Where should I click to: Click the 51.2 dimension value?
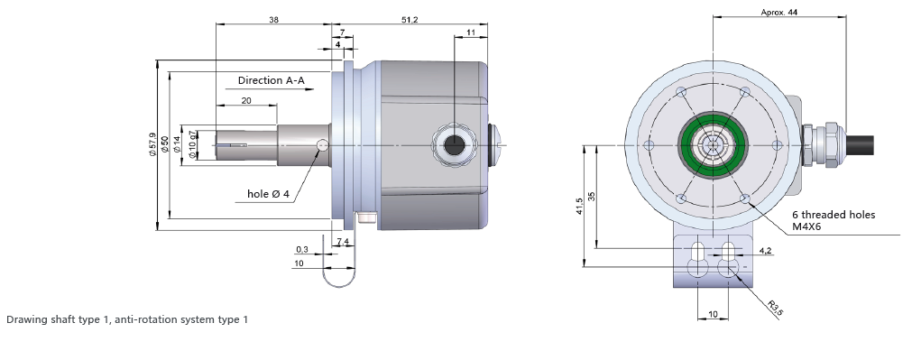click(410, 20)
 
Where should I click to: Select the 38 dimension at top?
click(273, 20)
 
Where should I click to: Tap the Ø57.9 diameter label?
click(152, 145)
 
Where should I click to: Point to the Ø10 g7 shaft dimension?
click(192, 145)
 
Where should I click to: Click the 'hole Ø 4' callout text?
click(268, 194)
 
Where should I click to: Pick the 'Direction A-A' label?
click(271, 80)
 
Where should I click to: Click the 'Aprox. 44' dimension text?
click(779, 13)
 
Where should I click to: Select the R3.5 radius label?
click(775, 309)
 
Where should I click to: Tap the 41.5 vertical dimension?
click(579, 207)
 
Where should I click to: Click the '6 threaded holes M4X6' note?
click(833, 220)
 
